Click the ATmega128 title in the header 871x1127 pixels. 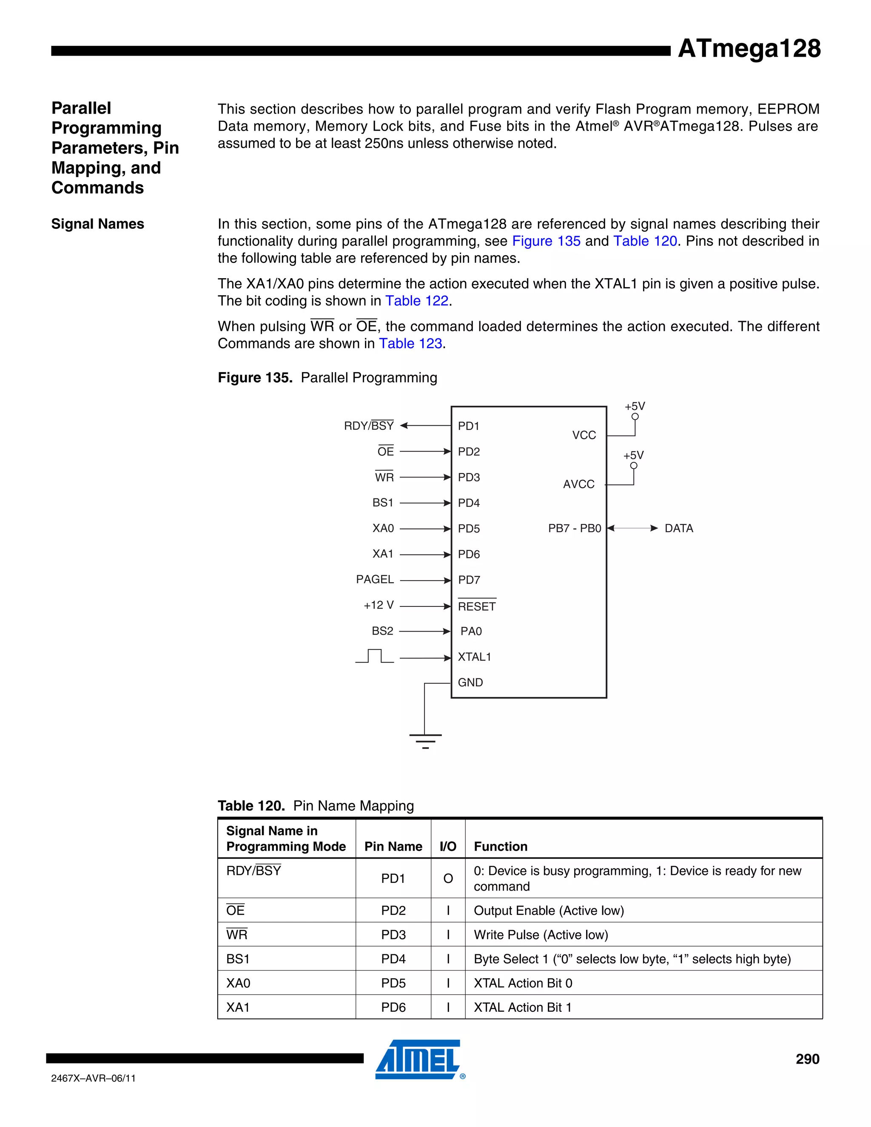click(749, 48)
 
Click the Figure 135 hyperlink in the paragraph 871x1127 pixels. click(546, 241)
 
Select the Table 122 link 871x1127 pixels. click(417, 301)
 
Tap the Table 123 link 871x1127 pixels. click(411, 344)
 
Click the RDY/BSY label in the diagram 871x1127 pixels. click(368, 426)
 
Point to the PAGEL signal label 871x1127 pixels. click(375, 580)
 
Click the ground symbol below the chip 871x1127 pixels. click(425, 741)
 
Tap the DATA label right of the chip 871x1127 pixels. click(678, 528)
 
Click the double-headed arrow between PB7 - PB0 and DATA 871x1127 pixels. click(632, 528)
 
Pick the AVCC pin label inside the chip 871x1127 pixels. click(578, 484)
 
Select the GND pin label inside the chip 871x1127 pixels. click(470, 683)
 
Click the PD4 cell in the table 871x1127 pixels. click(393, 959)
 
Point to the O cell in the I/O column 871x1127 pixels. click(448, 879)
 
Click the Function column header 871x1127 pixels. click(501, 847)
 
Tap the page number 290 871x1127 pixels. click(807, 1059)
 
